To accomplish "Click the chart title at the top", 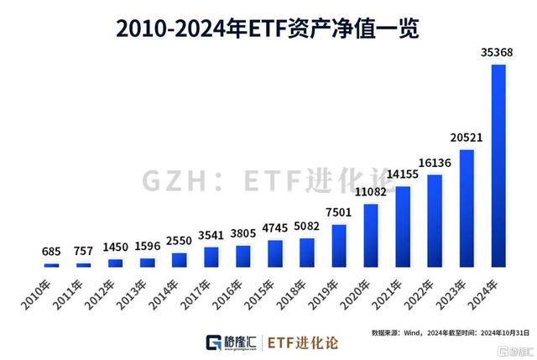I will [268, 27].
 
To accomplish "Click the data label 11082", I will [370, 192].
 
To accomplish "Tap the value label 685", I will [52, 251].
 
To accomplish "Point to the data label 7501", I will [339, 212].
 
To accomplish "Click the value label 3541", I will [211, 235].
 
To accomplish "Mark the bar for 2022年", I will [435, 221].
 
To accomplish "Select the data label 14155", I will [403, 174].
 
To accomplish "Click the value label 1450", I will [116, 248].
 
